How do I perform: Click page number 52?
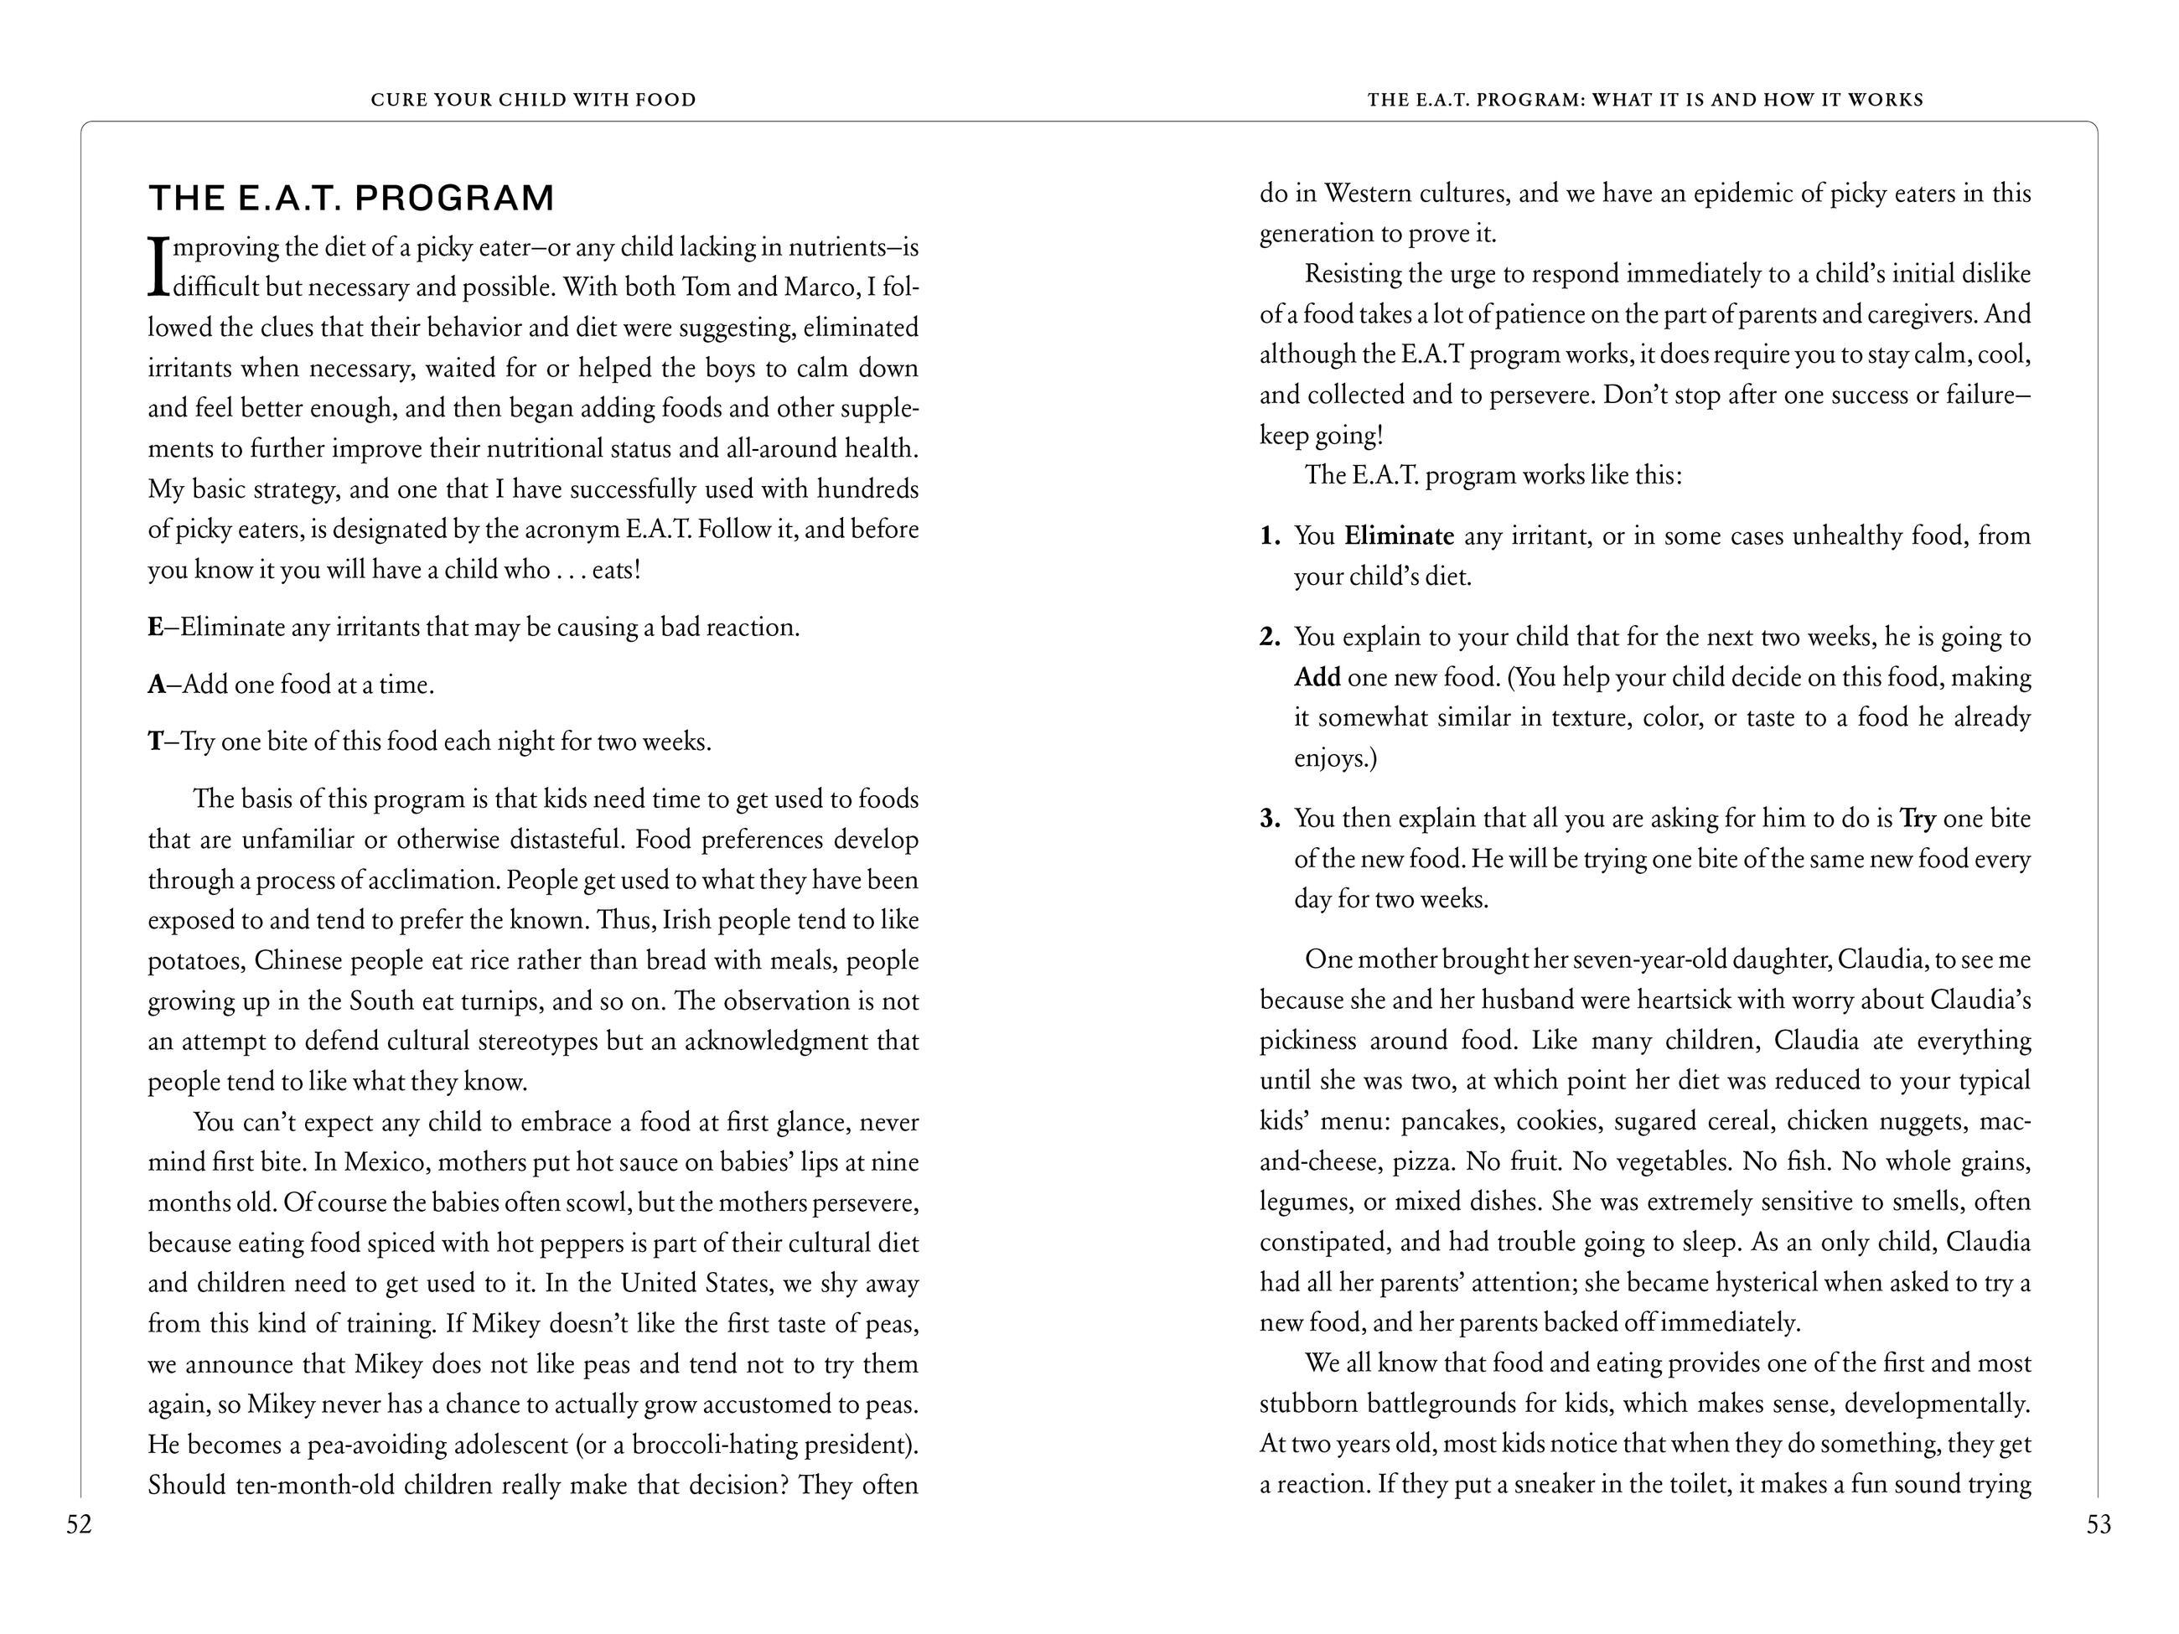[x=79, y=1525]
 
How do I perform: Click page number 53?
[x=2099, y=1525]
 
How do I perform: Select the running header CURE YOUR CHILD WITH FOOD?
[x=533, y=100]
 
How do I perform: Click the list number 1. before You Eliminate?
[x=1270, y=535]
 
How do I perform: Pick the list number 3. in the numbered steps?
[x=1270, y=819]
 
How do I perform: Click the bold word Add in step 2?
[x=1317, y=678]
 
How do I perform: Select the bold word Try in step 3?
[x=1917, y=819]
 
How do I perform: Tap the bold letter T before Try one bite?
[x=155, y=742]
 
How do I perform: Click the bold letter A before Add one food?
[x=156, y=685]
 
